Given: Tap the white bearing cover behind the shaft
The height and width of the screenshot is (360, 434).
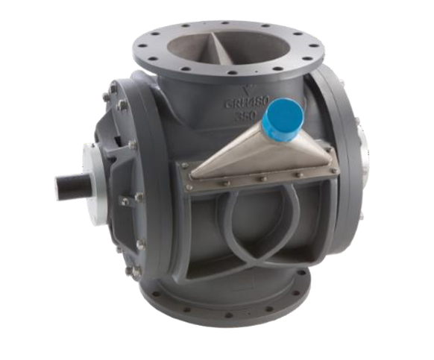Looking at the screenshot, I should [103, 176].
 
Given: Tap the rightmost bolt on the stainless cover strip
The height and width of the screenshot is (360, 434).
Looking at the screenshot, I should [319, 177].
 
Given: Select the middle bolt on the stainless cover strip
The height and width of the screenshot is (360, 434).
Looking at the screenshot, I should [254, 178].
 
